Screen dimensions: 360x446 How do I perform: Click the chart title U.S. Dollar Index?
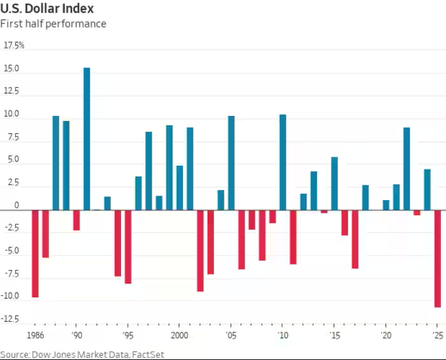point(47,9)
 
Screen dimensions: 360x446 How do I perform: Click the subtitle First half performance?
point(53,24)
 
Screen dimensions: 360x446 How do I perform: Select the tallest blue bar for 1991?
point(87,138)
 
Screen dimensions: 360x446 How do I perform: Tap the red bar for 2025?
point(438,258)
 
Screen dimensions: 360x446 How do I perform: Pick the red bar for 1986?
point(35,253)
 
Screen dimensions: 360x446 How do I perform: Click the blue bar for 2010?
point(282,162)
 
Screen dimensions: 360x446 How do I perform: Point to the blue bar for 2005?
point(231,162)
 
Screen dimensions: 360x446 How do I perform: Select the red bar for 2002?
point(200,250)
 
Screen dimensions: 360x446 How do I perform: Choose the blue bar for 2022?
point(406,168)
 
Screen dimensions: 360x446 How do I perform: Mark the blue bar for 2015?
point(334,183)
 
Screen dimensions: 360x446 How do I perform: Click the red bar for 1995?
point(128,246)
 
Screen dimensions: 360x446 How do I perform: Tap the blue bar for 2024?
point(427,189)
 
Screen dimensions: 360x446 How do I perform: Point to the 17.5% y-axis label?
point(14,45)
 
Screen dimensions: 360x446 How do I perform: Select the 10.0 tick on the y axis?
point(13,115)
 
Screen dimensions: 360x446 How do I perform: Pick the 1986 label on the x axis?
point(36,335)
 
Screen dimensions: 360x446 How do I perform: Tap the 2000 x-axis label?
point(180,335)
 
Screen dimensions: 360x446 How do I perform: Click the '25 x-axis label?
point(437,335)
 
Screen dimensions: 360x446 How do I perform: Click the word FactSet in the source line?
point(148,354)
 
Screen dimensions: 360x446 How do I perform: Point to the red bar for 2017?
point(355,238)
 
